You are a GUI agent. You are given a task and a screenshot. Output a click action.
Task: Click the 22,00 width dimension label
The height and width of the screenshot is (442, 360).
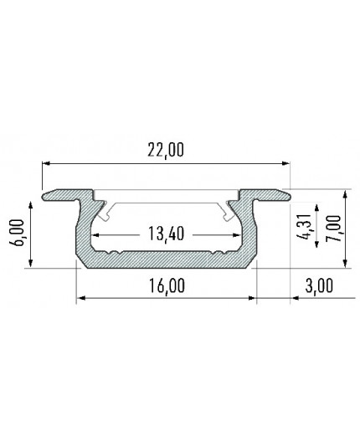point(164,151)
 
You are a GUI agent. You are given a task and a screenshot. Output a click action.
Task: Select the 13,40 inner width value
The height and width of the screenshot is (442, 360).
point(164,234)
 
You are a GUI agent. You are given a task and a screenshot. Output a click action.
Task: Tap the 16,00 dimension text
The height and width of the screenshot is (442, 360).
point(165,285)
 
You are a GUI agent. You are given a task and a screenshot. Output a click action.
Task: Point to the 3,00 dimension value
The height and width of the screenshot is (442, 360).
point(314,285)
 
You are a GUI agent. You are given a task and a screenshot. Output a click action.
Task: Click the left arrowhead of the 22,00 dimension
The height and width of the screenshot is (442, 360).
point(45,162)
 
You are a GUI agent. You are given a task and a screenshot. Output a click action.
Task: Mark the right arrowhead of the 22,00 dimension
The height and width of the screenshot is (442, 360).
point(285,162)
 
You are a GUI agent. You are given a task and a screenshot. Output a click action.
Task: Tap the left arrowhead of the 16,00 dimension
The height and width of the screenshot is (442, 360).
point(81,297)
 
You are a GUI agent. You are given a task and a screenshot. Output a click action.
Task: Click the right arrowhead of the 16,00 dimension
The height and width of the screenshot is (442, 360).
point(249,297)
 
